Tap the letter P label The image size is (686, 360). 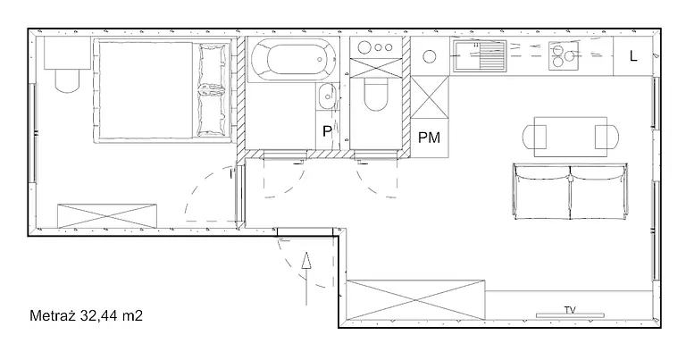pos(327,130)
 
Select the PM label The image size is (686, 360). pos(429,138)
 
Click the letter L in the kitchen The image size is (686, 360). pos(633,56)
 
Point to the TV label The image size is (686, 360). pos(570,310)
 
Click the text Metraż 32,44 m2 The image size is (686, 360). pos(86,316)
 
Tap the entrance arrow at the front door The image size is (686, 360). pos(306,278)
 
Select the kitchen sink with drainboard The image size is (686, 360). pos(480,55)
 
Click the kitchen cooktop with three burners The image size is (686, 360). pos(564,55)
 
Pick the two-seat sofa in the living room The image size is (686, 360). pos(570,191)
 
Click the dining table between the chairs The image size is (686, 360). pos(571,137)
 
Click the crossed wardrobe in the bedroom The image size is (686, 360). pos(107,215)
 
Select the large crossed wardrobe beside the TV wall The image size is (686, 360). pos(415,300)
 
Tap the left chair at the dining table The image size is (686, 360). pos(534,137)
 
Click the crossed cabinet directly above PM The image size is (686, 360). pos(430,97)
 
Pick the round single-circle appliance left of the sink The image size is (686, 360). pos(430,56)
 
